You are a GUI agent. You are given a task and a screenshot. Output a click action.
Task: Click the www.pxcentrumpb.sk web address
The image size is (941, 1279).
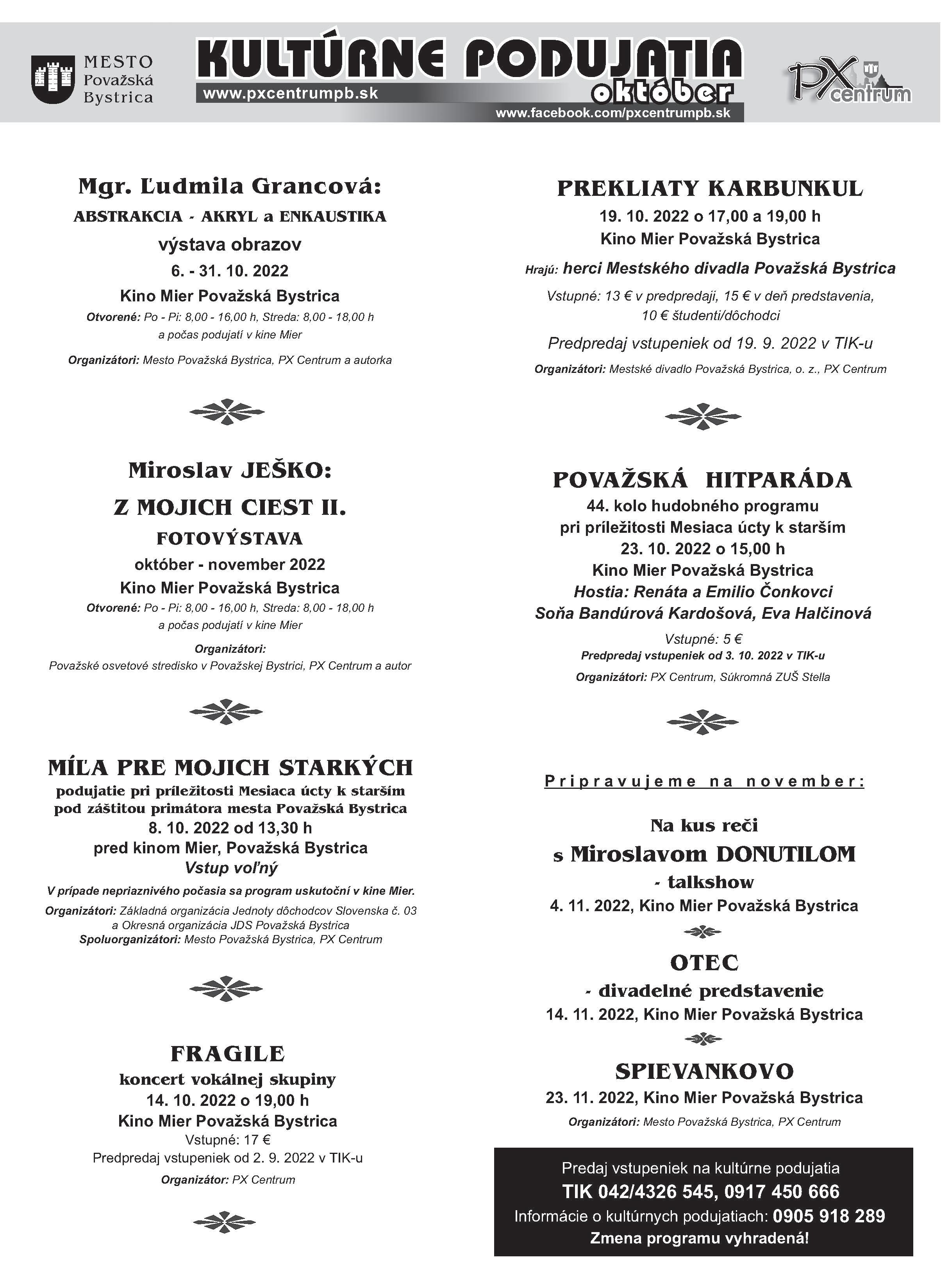tap(291, 93)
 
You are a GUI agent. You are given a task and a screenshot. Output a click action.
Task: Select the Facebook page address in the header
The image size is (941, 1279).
tap(613, 113)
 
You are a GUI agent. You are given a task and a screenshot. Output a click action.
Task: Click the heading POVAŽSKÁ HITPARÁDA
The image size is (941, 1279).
tap(702, 480)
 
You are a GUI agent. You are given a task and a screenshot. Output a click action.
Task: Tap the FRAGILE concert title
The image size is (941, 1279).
tap(228, 1054)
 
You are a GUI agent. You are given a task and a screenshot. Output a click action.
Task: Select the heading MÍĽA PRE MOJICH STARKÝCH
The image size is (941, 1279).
tap(230, 768)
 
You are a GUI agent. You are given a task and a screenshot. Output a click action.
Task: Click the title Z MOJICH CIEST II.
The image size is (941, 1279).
tap(230, 507)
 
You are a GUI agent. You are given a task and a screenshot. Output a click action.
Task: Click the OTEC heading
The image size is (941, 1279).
tap(704, 963)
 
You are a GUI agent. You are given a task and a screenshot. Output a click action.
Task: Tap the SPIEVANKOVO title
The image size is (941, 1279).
tap(704, 1071)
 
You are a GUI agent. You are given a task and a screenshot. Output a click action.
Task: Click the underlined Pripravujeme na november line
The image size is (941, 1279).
tap(704, 781)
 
